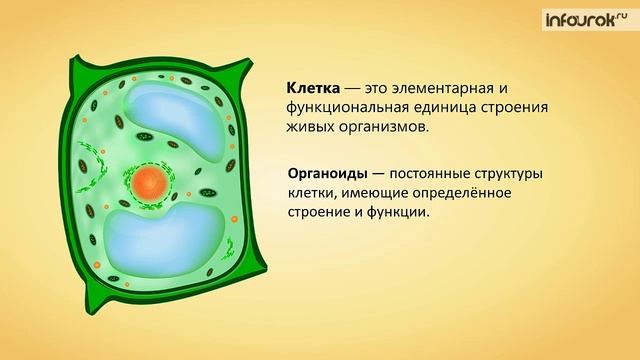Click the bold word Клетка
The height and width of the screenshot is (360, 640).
click(x=312, y=87)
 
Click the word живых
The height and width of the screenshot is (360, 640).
click(x=311, y=129)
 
